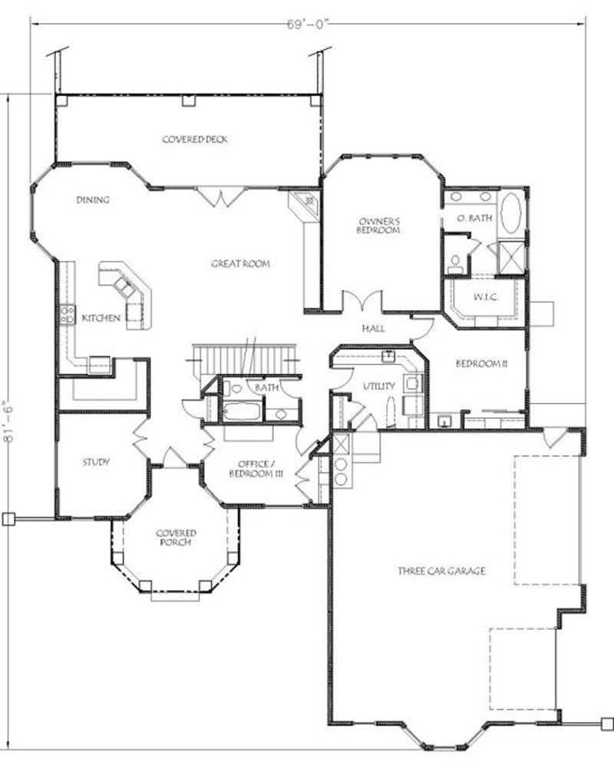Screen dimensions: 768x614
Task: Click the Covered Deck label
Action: click(195, 140)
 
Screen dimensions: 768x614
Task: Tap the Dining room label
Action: click(93, 200)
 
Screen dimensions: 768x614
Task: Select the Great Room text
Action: click(241, 264)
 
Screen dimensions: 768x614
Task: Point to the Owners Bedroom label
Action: click(379, 226)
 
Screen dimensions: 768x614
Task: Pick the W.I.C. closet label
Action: click(487, 296)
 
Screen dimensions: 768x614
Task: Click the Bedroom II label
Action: click(478, 363)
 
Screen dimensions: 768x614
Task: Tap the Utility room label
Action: click(381, 386)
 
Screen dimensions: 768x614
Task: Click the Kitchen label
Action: click(101, 318)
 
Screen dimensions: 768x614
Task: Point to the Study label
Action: click(96, 462)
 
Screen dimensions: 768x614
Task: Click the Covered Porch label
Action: click(176, 537)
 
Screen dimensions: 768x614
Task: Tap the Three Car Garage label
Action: click(441, 571)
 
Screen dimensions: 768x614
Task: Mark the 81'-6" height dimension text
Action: click(10, 427)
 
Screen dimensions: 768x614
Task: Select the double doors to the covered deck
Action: click(222, 199)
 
